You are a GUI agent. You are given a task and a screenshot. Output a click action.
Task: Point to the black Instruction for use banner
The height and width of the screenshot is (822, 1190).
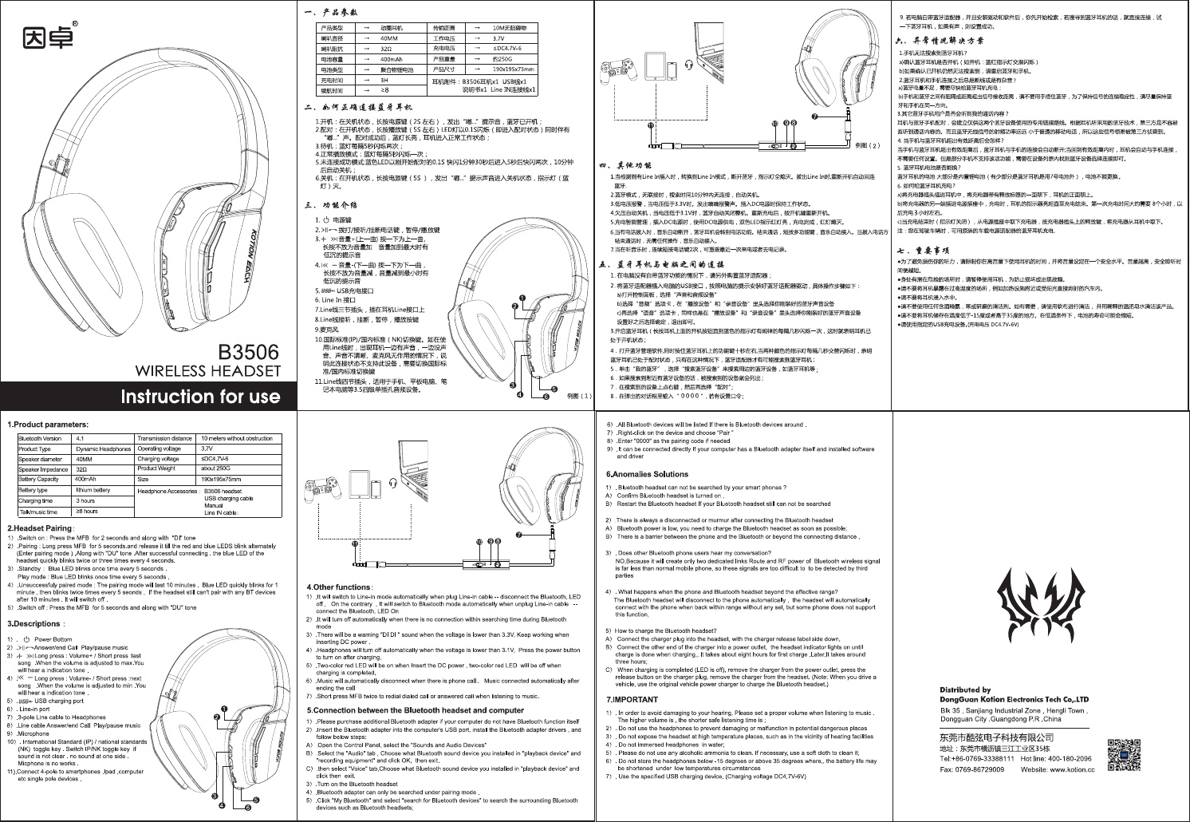[199, 397]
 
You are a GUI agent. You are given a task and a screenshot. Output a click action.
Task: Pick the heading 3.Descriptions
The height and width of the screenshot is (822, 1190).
[37, 623]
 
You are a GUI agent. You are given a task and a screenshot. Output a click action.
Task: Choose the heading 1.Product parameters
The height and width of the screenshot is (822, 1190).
[48, 425]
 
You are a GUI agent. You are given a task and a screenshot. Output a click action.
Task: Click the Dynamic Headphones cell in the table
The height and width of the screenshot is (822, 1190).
[103, 449]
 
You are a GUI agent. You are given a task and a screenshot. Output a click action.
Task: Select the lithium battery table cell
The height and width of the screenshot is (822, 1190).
[92, 490]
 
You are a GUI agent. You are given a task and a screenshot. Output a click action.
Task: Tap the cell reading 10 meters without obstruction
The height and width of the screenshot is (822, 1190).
[237, 438]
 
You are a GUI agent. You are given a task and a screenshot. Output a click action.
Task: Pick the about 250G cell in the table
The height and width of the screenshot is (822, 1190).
[216, 469]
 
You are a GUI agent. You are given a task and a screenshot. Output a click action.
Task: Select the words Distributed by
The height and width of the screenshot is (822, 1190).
[964, 690]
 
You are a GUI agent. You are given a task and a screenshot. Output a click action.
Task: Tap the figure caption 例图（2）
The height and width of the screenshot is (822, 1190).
[866, 146]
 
